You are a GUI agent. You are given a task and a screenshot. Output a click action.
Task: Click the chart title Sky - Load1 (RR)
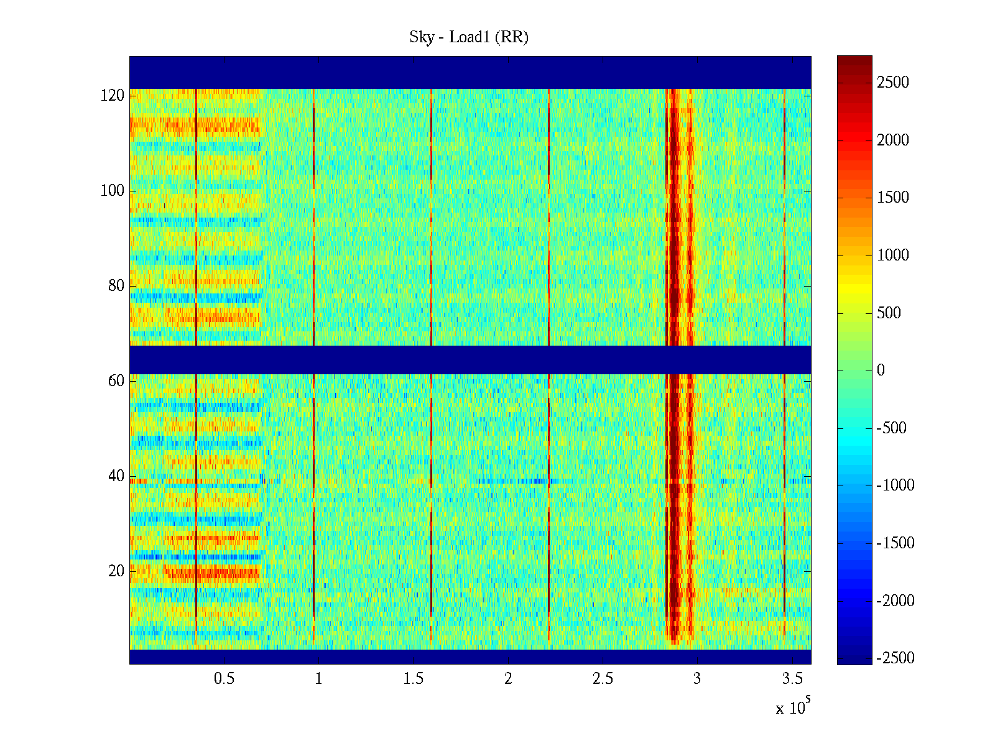pos(469,37)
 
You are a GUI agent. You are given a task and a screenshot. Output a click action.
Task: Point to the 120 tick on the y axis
pos(113,96)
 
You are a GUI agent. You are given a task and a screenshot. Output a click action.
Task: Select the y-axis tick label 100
pos(113,191)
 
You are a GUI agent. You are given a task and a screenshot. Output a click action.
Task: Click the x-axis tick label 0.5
pos(224,679)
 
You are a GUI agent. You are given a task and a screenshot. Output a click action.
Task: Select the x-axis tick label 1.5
pos(414,679)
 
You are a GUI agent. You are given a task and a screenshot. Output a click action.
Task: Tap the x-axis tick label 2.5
pos(603,679)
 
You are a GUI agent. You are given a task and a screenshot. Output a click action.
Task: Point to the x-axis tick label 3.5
pos(792,679)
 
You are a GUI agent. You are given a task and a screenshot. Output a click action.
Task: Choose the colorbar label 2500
pos(893,83)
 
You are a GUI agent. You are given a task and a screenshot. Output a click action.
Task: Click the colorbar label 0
pos(881,371)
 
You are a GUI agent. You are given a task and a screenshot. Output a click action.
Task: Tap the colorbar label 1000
pos(893,256)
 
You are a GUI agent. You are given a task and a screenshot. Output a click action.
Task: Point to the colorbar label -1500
pos(895,543)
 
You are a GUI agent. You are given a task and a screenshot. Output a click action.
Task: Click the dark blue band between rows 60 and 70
pos(470,359)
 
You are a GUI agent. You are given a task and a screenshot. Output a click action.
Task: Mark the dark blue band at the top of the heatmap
pos(470,72)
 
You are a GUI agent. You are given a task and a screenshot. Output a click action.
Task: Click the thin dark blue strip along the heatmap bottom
pos(470,656)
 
